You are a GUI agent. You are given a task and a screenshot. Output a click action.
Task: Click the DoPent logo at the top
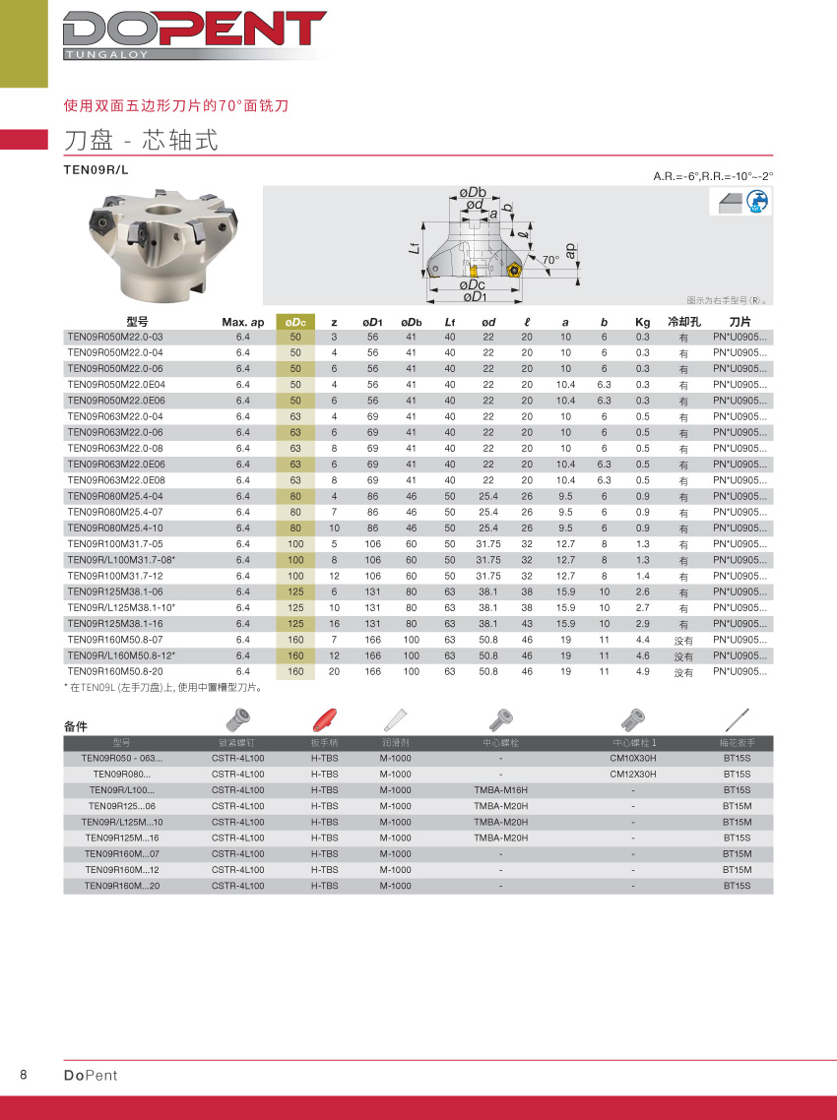[x=194, y=34]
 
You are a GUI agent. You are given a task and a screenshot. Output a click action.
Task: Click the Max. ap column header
[x=243, y=322]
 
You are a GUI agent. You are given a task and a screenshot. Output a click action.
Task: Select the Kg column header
[x=642, y=322]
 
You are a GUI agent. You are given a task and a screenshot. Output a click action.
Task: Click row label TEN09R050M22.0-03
[x=114, y=337]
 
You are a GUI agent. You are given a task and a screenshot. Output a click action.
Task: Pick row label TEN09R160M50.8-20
[x=114, y=672]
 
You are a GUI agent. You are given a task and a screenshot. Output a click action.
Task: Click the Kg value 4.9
[x=642, y=672]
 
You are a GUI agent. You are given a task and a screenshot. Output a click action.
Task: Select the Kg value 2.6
[x=642, y=592]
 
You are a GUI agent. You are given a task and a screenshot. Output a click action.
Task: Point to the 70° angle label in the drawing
[x=550, y=260]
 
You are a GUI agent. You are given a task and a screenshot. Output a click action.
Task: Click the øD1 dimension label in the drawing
[x=474, y=297]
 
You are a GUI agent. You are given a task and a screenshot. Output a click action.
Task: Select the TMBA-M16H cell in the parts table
[x=500, y=790]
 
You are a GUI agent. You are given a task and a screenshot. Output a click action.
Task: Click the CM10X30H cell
[x=633, y=759]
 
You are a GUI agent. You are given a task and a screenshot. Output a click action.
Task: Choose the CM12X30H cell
[x=633, y=775]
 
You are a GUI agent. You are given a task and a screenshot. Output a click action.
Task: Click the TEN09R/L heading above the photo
[x=96, y=169]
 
